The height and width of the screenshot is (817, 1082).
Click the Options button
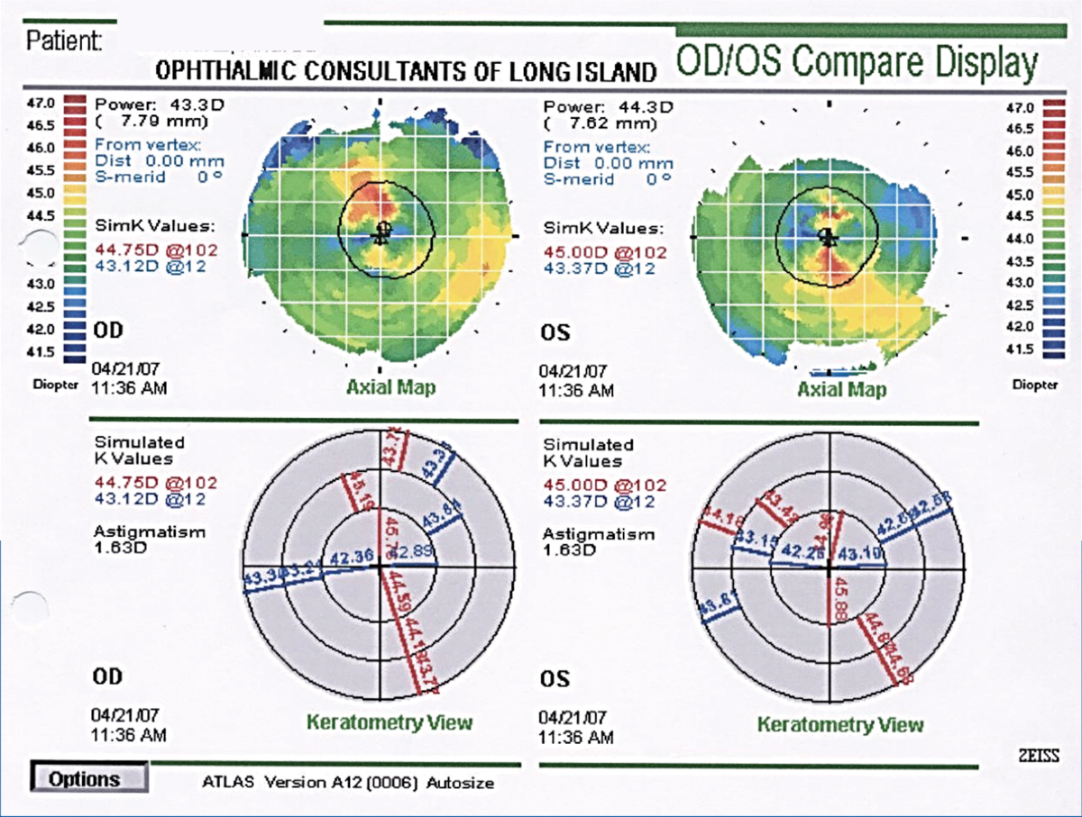tap(87, 778)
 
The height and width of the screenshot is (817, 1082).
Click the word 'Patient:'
tap(64, 41)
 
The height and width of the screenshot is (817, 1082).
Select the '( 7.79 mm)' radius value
tap(152, 120)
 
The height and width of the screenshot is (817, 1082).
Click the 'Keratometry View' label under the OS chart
tap(840, 724)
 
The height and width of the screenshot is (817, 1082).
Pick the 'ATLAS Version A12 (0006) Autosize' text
tap(348, 783)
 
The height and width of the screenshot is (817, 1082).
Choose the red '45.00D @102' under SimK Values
tap(605, 253)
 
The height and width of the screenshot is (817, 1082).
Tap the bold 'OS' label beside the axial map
tap(556, 332)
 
